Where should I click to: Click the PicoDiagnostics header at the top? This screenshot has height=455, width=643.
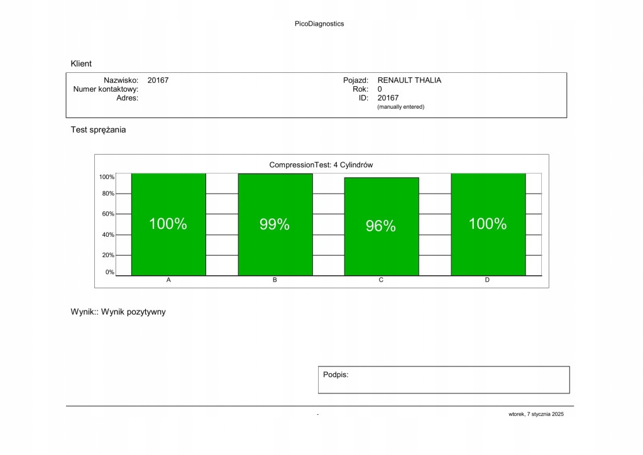(x=319, y=24)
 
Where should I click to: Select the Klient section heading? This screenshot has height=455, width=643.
(x=81, y=63)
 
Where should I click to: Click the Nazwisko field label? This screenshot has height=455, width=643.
(x=121, y=80)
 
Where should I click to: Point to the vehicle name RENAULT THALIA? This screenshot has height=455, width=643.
(x=409, y=80)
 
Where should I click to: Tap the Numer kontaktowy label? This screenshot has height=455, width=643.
(x=106, y=89)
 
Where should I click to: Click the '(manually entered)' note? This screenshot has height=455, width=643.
(x=400, y=107)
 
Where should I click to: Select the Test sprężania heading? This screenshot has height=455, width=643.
(x=98, y=130)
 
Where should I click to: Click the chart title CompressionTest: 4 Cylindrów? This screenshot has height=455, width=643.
(x=321, y=165)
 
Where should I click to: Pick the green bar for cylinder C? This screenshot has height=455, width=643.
(x=381, y=251)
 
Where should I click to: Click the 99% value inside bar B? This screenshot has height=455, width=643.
(x=275, y=224)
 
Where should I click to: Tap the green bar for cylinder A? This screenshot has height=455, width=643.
(x=168, y=251)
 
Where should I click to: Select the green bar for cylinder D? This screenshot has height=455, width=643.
(x=488, y=251)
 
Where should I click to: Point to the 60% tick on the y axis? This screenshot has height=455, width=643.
(x=108, y=214)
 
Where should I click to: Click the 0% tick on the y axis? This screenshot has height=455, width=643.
(x=109, y=273)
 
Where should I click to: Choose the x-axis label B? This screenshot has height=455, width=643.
(x=275, y=280)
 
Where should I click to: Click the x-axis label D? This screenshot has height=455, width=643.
(x=487, y=280)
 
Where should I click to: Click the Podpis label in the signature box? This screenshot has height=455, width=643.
(x=336, y=375)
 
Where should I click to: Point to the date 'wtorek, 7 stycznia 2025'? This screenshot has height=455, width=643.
(x=537, y=414)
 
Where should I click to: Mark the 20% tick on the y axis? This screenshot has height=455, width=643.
(x=108, y=255)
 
